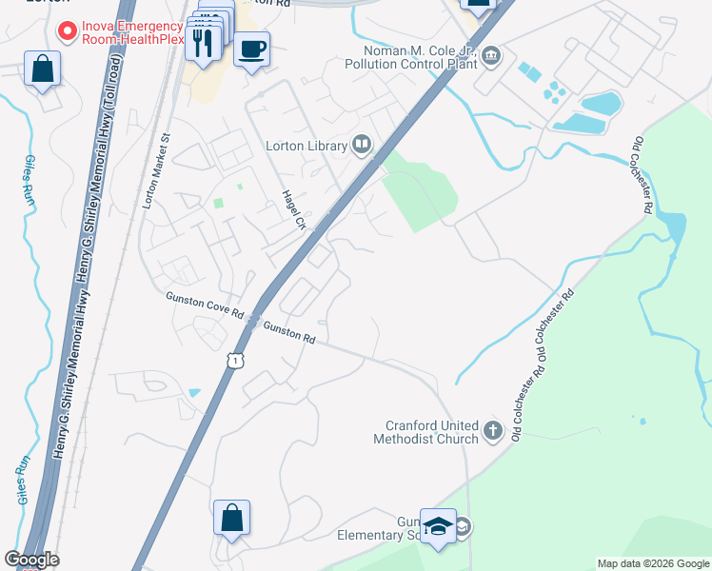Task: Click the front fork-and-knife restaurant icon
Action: coord(203,42)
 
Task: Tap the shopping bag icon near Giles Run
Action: coord(42,69)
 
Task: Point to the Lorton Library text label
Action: coord(307,146)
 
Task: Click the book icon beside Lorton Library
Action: coord(361,145)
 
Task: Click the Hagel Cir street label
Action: coord(290,210)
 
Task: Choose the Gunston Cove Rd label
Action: coord(206,310)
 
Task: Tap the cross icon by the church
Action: coord(492,431)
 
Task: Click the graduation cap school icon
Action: coord(439,526)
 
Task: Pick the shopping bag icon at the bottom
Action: coord(231,518)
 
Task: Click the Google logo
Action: coord(31,560)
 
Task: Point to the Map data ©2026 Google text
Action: coord(652,563)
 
